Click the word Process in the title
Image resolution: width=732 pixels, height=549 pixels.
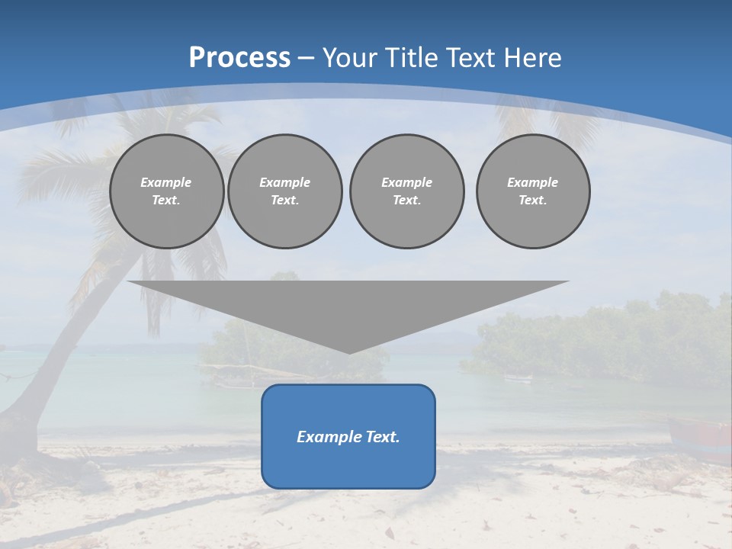point(239,58)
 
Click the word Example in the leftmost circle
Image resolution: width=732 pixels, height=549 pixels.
point(166,182)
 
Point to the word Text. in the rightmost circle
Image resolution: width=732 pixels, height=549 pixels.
point(532,200)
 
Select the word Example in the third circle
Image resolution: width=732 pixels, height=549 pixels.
point(406,182)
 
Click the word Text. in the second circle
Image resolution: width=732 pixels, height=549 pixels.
point(284,200)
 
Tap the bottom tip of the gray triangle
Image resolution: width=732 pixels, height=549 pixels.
point(349,352)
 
